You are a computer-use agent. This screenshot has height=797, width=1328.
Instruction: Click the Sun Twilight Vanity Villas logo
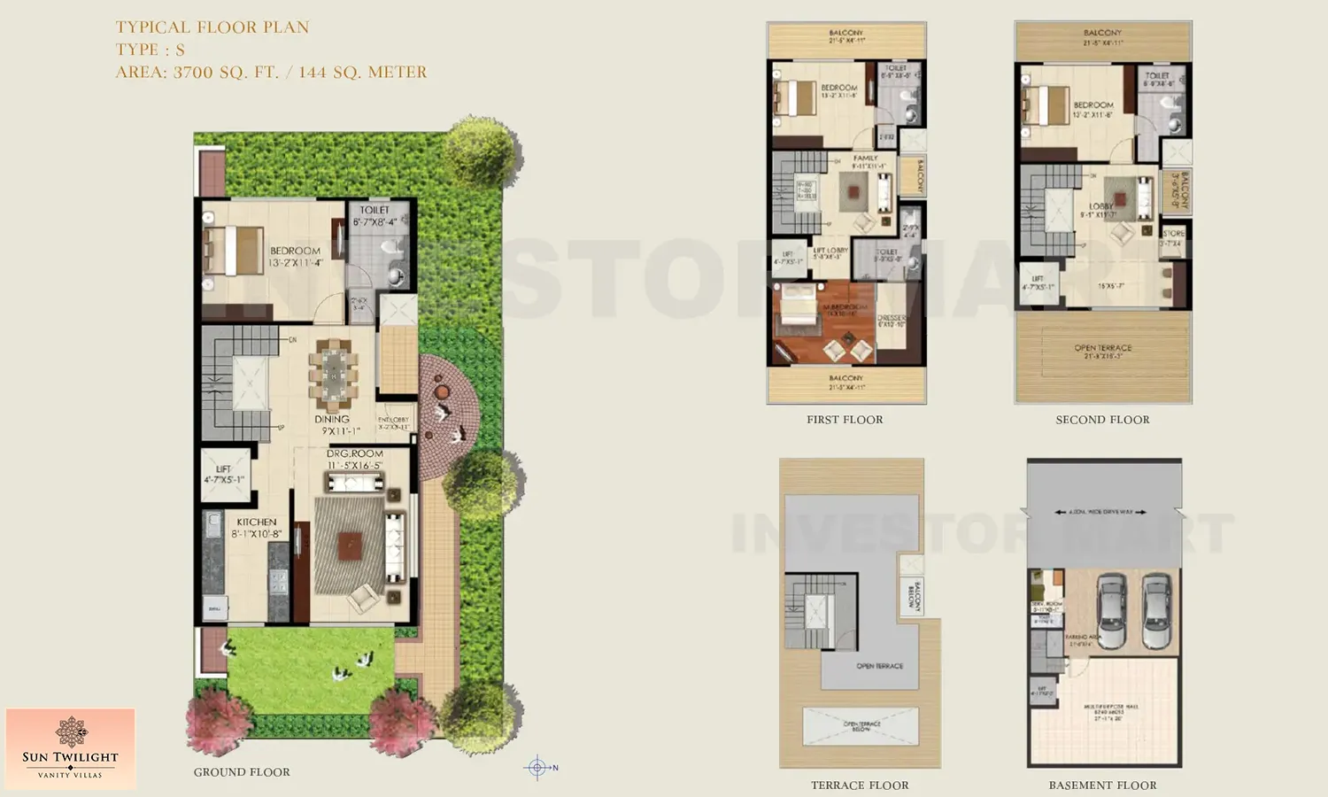[x=70, y=748]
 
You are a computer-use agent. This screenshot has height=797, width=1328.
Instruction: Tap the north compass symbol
[x=537, y=768]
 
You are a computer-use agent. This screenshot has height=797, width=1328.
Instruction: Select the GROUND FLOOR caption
[x=242, y=772]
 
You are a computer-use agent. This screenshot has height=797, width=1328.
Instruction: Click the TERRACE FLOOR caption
[x=860, y=785]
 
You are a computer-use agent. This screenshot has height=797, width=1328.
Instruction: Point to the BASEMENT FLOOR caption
[x=1102, y=785]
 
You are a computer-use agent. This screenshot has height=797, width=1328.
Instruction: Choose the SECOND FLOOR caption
[x=1102, y=420]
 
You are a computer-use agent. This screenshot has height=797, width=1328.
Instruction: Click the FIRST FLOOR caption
[x=845, y=420]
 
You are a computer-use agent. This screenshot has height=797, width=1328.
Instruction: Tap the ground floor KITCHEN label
[x=256, y=522]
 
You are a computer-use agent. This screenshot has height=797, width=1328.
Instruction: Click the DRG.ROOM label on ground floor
[x=354, y=453]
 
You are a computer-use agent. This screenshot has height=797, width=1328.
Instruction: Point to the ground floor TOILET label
[x=374, y=211]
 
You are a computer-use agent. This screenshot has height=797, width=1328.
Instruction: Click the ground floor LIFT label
[x=223, y=469]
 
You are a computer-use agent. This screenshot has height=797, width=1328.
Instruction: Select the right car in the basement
[x=1155, y=610]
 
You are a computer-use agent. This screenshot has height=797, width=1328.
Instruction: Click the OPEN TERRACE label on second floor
[x=1102, y=348]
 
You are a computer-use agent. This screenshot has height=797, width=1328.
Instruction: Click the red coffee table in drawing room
[x=350, y=546]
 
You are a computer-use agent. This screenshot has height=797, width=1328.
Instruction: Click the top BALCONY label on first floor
[x=846, y=33]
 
